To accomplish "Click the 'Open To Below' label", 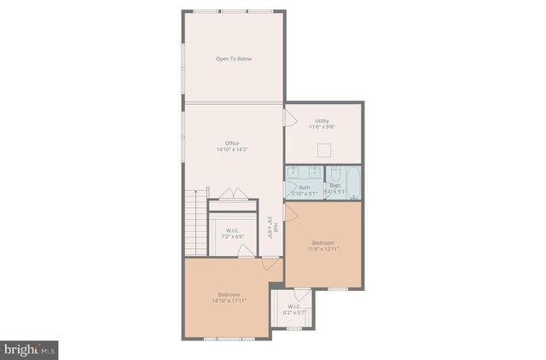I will click(x=233, y=59).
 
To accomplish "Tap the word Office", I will click(x=232, y=142).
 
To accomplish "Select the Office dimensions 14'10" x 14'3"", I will click(x=232, y=149).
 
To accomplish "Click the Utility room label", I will click(x=322, y=121).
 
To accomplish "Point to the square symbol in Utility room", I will click(x=323, y=151).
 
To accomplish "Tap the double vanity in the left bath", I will click(x=305, y=172).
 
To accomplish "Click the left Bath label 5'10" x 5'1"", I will click(x=304, y=189).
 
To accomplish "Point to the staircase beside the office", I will click(x=196, y=224).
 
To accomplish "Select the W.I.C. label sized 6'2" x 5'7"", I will click(x=293, y=310).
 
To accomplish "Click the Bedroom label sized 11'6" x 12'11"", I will click(x=322, y=246).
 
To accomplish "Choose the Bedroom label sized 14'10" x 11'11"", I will click(x=229, y=297).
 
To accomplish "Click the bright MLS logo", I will click(x=30, y=348).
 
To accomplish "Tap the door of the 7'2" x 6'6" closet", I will click(x=245, y=250).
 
